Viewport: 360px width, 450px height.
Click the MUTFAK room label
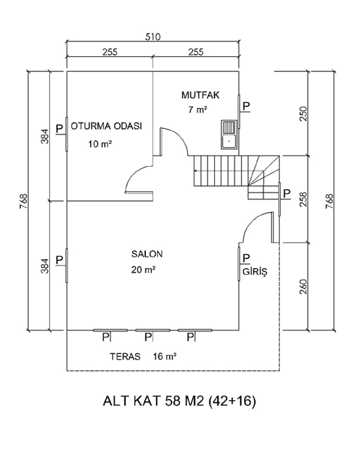(200, 95)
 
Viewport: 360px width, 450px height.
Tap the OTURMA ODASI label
(106, 126)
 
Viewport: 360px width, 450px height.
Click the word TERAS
(125, 356)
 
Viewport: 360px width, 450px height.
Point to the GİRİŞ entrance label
(255, 271)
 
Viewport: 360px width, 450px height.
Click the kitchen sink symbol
(228, 134)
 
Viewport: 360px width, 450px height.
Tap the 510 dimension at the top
(153, 37)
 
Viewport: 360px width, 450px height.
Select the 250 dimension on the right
(304, 114)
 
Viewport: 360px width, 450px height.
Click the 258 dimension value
(304, 199)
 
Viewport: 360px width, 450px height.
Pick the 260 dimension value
(304, 286)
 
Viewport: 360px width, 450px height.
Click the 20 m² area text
(143, 269)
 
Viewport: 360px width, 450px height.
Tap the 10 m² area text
(100, 144)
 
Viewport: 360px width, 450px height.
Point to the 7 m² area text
(198, 110)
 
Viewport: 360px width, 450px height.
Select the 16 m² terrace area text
(165, 356)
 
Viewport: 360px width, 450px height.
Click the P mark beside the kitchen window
(246, 106)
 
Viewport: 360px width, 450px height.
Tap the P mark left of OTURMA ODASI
(59, 128)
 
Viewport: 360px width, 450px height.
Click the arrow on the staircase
(228, 171)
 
